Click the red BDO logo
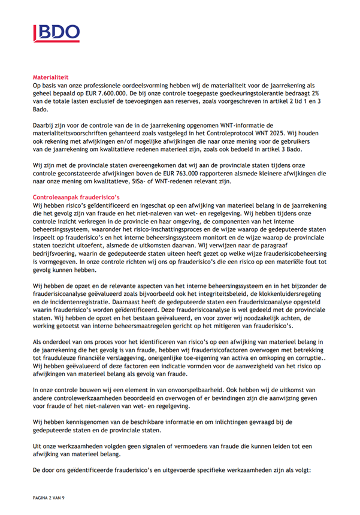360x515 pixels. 55,34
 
